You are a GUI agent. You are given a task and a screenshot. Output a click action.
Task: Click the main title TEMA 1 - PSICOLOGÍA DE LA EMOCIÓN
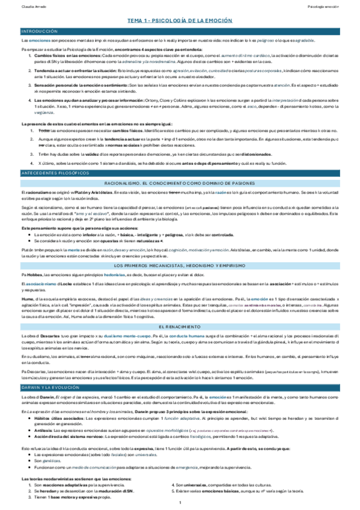[x=180, y=20]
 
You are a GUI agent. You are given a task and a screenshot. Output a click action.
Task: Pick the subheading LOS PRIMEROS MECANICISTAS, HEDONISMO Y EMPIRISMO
[x=180, y=265]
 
